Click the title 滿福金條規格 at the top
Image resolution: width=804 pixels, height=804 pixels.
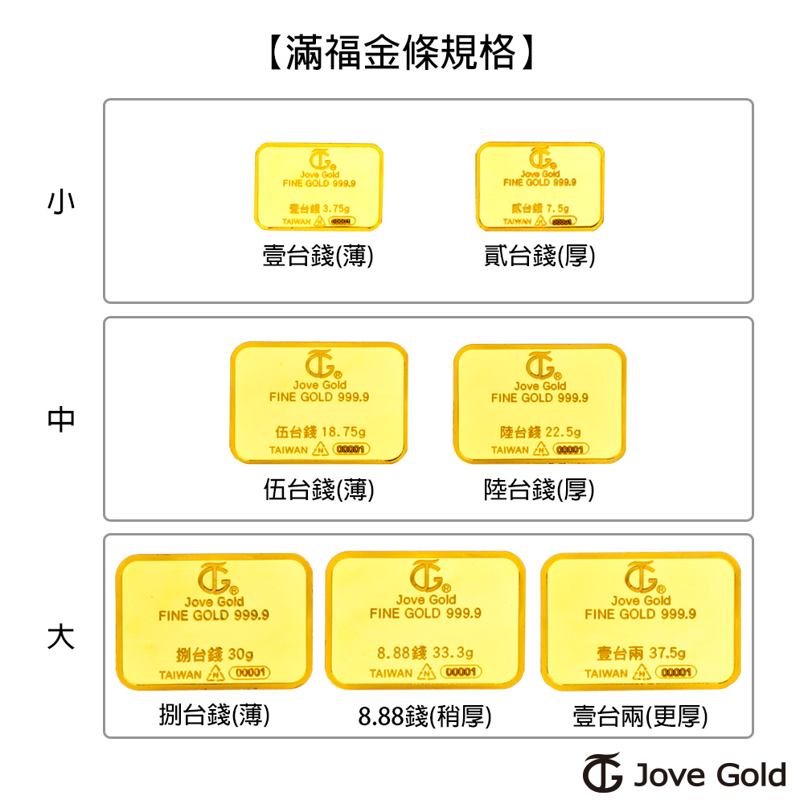pyautogui.click(x=400, y=54)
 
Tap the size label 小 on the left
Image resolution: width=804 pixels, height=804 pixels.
pyautogui.click(x=61, y=201)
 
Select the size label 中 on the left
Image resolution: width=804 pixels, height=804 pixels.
pyautogui.click(x=61, y=419)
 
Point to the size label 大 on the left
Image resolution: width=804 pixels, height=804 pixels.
pyautogui.click(x=61, y=636)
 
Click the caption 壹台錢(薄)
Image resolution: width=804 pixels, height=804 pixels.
pyautogui.click(x=318, y=256)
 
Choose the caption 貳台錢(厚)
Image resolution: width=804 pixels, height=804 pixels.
pyautogui.click(x=539, y=256)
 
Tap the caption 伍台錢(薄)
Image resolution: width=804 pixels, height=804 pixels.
pyautogui.click(x=319, y=490)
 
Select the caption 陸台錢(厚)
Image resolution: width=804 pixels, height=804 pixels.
pyautogui.click(x=539, y=490)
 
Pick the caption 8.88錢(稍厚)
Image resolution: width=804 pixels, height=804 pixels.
pyautogui.click(x=425, y=716)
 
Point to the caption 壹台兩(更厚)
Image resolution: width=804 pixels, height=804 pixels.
pyautogui.click(x=641, y=716)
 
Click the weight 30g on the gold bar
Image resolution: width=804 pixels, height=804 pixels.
pyautogui.click(x=240, y=653)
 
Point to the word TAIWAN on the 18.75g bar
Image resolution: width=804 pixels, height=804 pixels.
pyautogui.click(x=288, y=450)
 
